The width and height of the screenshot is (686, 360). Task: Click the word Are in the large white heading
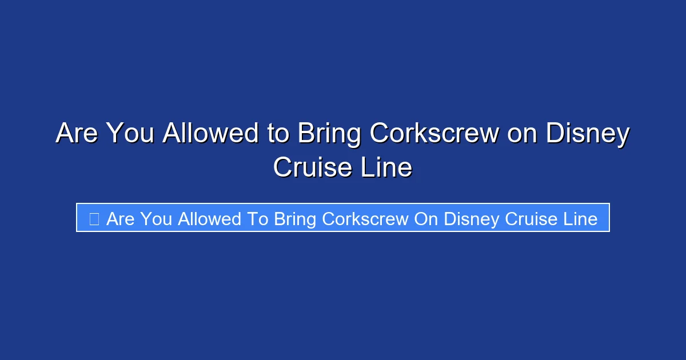pos(77,134)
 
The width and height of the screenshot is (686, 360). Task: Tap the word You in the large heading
pos(130,134)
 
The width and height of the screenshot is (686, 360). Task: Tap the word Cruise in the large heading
pos(309,168)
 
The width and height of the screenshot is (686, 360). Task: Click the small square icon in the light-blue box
pos(94,218)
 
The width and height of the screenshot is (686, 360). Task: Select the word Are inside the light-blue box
pos(120,219)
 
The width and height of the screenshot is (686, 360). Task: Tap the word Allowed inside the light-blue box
pos(209,219)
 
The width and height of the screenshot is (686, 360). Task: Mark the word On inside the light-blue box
pos(426,219)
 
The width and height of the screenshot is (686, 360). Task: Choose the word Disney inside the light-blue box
pos(472,219)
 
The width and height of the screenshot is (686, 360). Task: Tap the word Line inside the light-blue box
pos(580,219)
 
